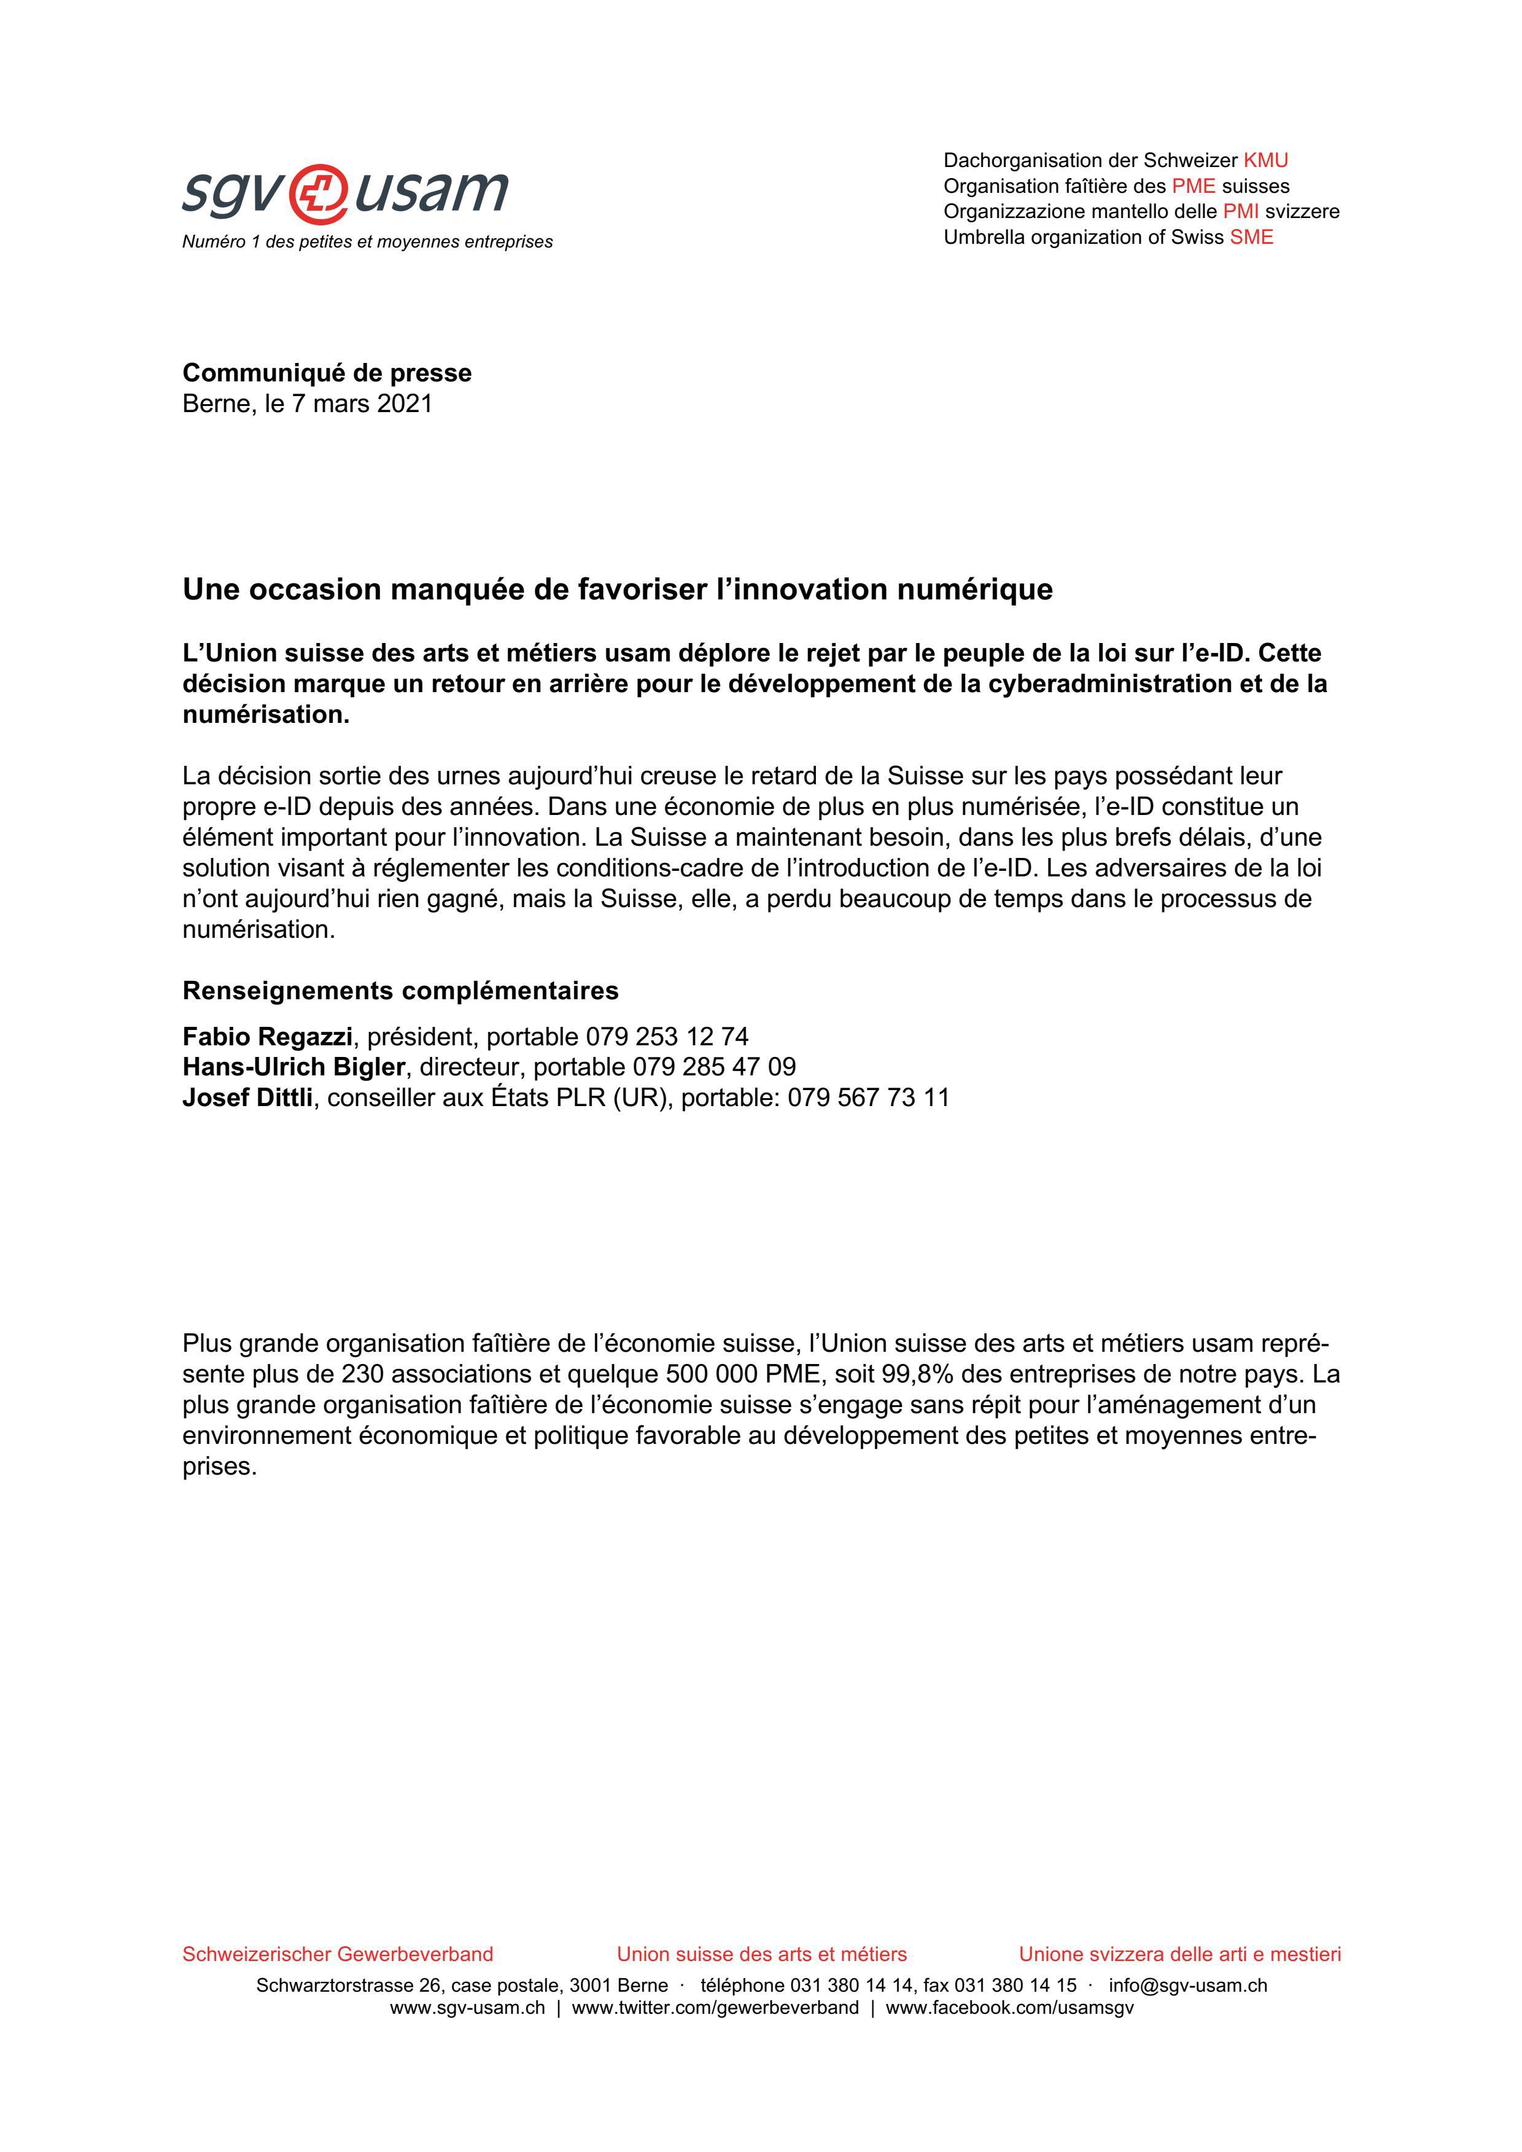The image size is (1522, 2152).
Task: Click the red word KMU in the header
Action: tap(1265, 160)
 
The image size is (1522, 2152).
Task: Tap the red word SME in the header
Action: tap(1251, 237)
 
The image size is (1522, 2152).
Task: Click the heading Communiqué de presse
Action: tap(327, 373)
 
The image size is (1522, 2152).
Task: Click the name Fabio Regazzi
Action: tap(267, 1037)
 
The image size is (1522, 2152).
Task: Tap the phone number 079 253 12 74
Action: tap(667, 1037)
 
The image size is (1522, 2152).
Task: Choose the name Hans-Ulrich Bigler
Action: tap(294, 1067)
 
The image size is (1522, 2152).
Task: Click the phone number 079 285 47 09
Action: tap(714, 1067)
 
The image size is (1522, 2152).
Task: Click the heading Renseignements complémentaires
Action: tap(400, 991)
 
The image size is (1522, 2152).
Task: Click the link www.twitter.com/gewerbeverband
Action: tap(715, 2000)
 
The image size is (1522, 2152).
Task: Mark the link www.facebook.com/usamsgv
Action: tap(1009, 2000)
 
